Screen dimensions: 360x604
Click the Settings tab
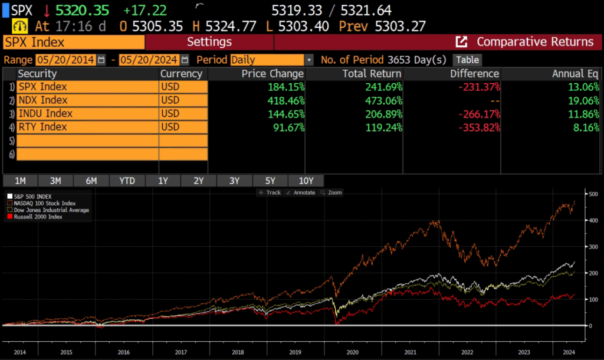(x=209, y=42)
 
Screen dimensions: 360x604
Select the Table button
(x=467, y=60)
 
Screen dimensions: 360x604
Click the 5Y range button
(x=270, y=181)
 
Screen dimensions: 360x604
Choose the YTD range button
(x=127, y=181)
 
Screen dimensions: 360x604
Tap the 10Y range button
(x=306, y=181)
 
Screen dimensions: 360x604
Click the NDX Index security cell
(x=87, y=100)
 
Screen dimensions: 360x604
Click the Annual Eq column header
(x=575, y=74)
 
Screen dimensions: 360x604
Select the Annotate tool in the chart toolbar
(x=301, y=192)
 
